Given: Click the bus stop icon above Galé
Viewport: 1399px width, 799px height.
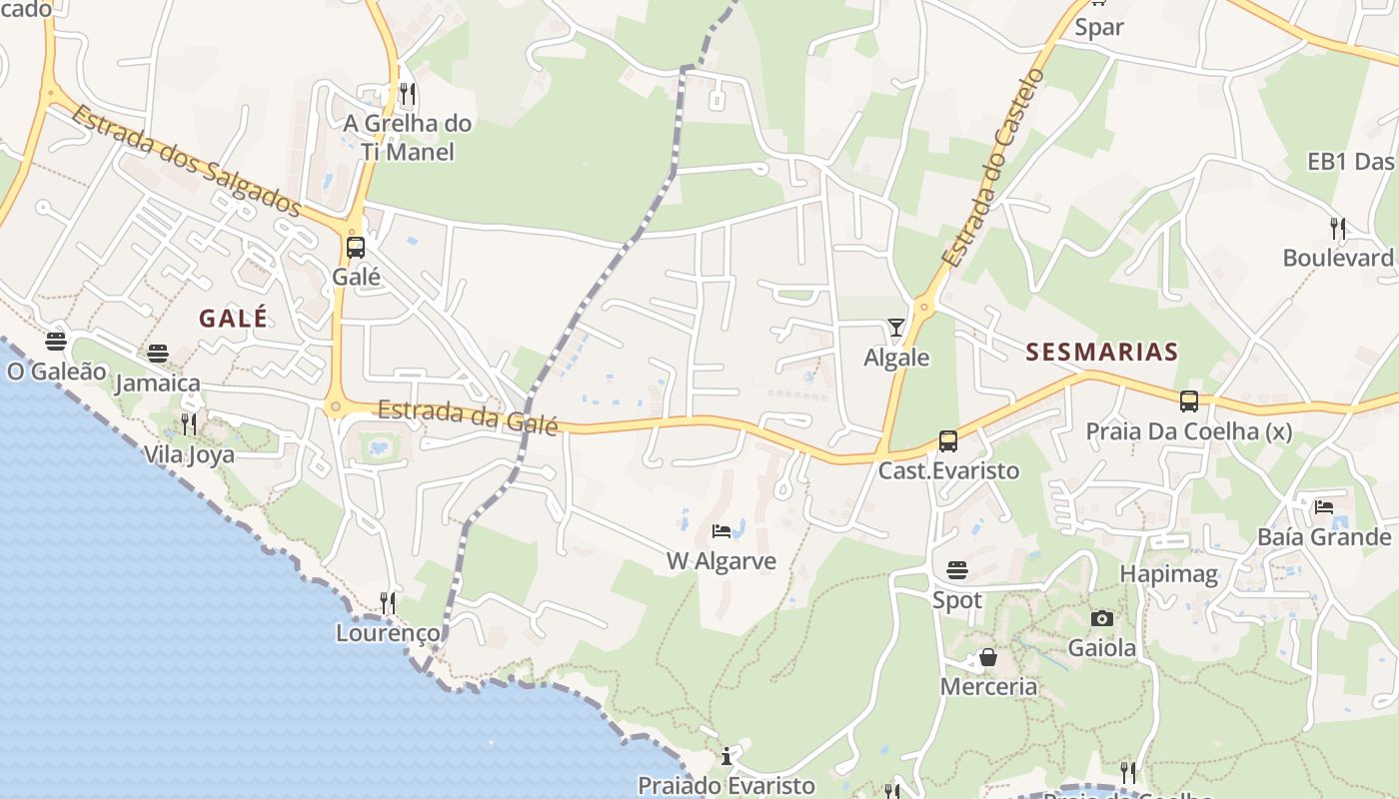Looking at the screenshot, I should pyautogui.click(x=355, y=247).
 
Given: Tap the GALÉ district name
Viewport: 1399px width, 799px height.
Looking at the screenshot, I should pyautogui.click(x=233, y=319).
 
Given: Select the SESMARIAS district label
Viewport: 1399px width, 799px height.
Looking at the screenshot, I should pyautogui.click(x=1102, y=352).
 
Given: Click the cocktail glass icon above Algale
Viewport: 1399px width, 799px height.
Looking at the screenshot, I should pyautogui.click(x=895, y=328).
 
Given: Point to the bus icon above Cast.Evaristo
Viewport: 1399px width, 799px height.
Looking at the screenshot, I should pyautogui.click(x=947, y=440).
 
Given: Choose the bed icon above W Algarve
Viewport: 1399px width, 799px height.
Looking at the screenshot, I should pyautogui.click(x=721, y=530).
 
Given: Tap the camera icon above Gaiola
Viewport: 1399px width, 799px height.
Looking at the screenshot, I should pyautogui.click(x=1102, y=618).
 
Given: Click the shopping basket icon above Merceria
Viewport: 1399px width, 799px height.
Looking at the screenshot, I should pyautogui.click(x=987, y=657).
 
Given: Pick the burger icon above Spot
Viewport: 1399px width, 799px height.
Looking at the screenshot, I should pyautogui.click(x=957, y=570).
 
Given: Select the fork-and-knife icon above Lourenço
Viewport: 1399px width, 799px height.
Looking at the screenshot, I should pyautogui.click(x=388, y=602).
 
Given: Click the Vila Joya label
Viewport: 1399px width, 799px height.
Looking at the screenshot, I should pyautogui.click(x=189, y=454).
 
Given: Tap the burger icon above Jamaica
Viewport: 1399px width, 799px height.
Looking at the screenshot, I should pyautogui.click(x=158, y=353).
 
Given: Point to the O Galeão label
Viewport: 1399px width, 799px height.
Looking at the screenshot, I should pyautogui.click(x=56, y=372).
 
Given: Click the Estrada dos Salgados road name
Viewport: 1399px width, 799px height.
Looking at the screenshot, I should pyautogui.click(x=186, y=161).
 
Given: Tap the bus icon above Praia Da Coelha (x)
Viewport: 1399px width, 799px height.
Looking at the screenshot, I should pyautogui.click(x=1188, y=401).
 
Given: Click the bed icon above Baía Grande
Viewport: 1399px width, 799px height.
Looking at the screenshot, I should pyautogui.click(x=1324, y=506).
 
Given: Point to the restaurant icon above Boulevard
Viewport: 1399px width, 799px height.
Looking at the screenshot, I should pyautogui.click(x=1338, y=229).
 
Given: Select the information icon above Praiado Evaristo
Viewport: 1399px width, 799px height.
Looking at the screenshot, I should pyautogui.click(x=726, y=756).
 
